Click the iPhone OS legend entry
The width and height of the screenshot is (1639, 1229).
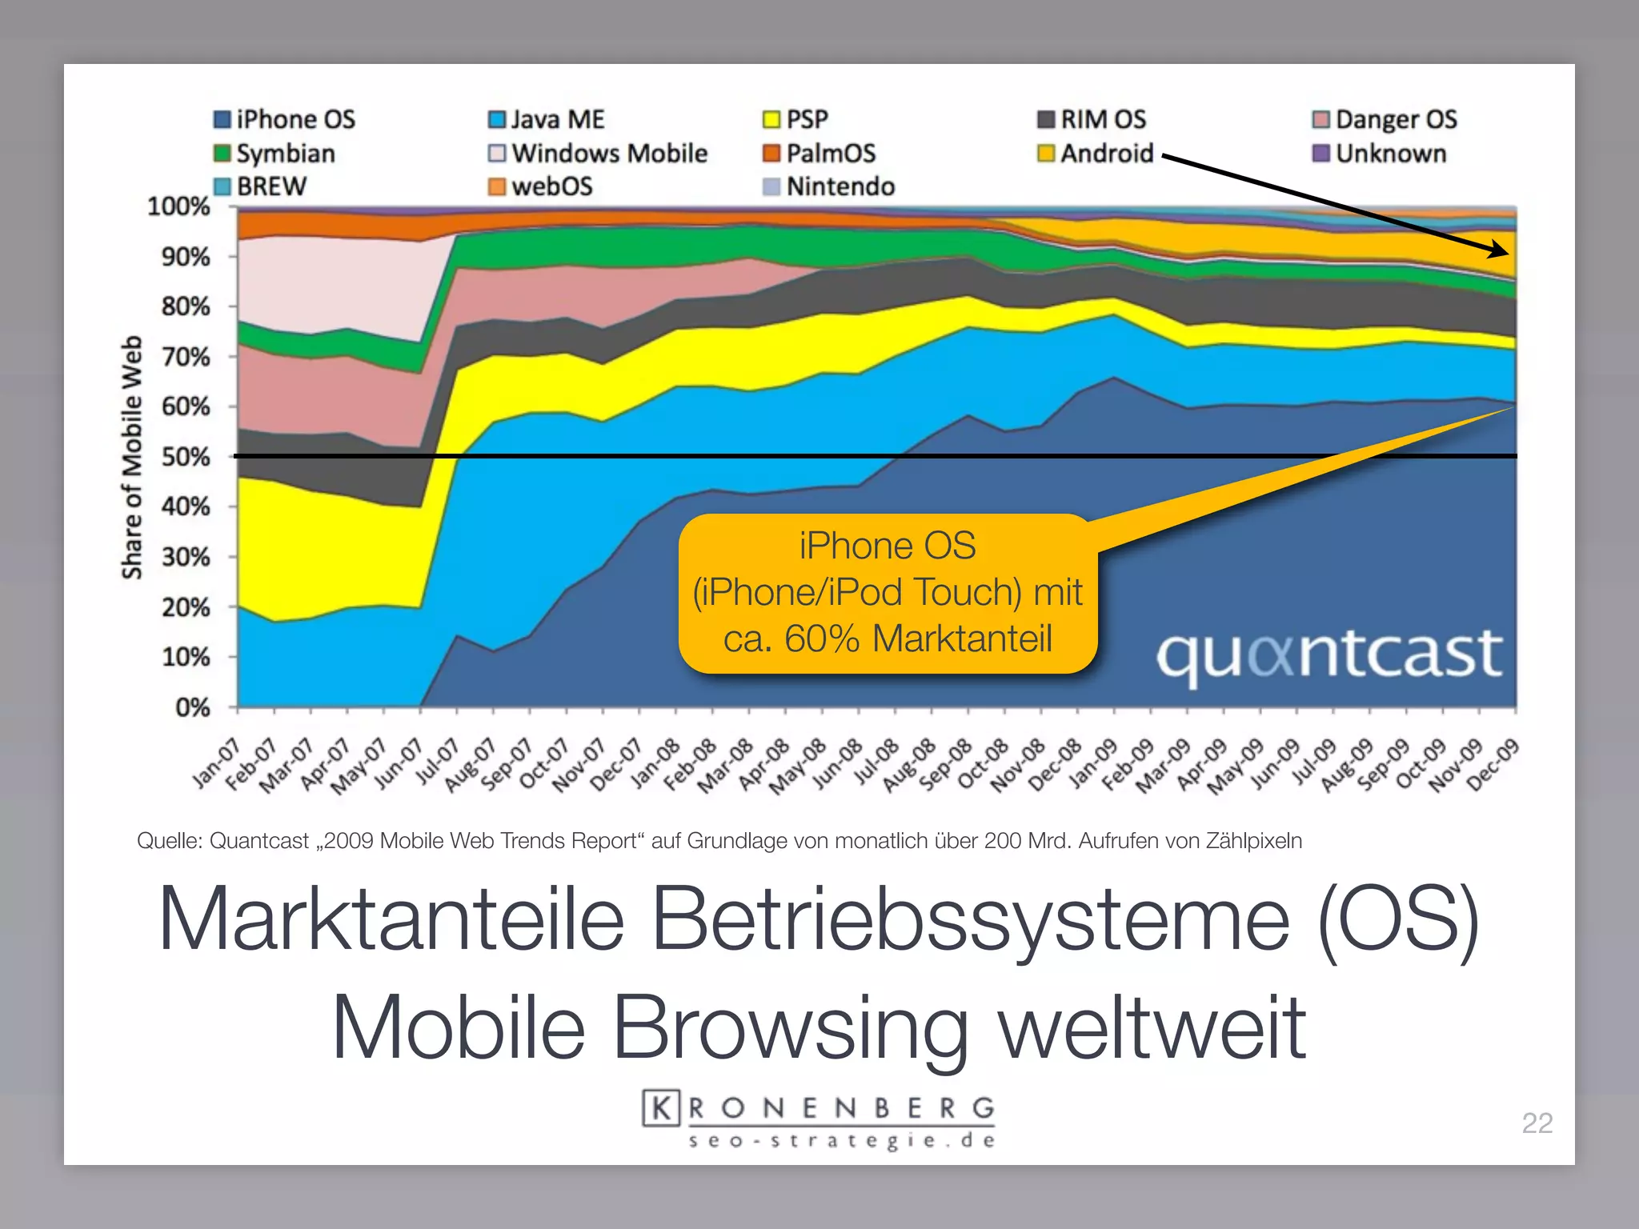pyautogui.click(x=285, y=120)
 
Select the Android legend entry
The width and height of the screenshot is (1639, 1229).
pyautogui.click(x=1096, y=154)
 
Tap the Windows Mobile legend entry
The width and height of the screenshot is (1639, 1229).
pyautogui.click(x=598, y=154)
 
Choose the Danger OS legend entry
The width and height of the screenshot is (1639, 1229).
pyautogui.click(x=1385, y=120)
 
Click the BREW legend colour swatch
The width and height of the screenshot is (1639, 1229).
pyautogui.click(x=222, y=186)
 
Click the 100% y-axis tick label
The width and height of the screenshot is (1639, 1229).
pyautogui.click(x=178, y=207)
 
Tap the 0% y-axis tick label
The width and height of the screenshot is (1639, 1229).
pyautogui.click(x=192, y=708)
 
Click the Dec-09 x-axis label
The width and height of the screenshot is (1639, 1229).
pyautogui.click(x=1493, y=765)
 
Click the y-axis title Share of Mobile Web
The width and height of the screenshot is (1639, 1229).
pyautogui.click(x=131, y=457)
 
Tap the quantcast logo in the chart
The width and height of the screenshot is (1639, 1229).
pyautogui.click(x=1329, y=655)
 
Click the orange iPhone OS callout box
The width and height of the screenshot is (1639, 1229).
pyautogui.click(x=887, y=593)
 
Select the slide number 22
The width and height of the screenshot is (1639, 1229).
pyautogui.click(x=1537, y=1123)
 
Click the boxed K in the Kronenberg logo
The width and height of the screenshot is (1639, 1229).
pyautogui.click(x=661, y=1108)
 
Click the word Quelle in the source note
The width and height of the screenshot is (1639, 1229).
pyautogui.click(x=168, y=841)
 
